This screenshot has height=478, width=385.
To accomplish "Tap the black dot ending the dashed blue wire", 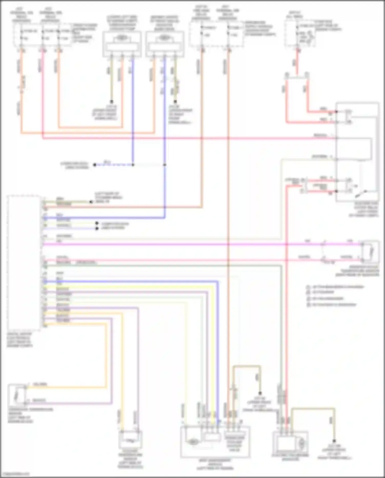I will pyautogui.click(x=95, y=165).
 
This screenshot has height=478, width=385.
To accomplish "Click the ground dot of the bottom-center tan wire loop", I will pyautogui.click(x=260, y=393).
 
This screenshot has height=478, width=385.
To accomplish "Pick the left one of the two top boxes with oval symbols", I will pyautogui.click(x=122, y=44).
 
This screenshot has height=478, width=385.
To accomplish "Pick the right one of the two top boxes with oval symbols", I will pyautogui.click(x=165, y=44).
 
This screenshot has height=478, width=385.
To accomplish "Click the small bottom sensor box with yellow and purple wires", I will pyautogui.click(x=130, y=439).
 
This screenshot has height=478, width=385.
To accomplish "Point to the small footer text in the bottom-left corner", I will pyautogui.click(x=15, y=474).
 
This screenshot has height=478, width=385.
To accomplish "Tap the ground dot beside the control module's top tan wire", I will pyautogui.click(x=91, y=202).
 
